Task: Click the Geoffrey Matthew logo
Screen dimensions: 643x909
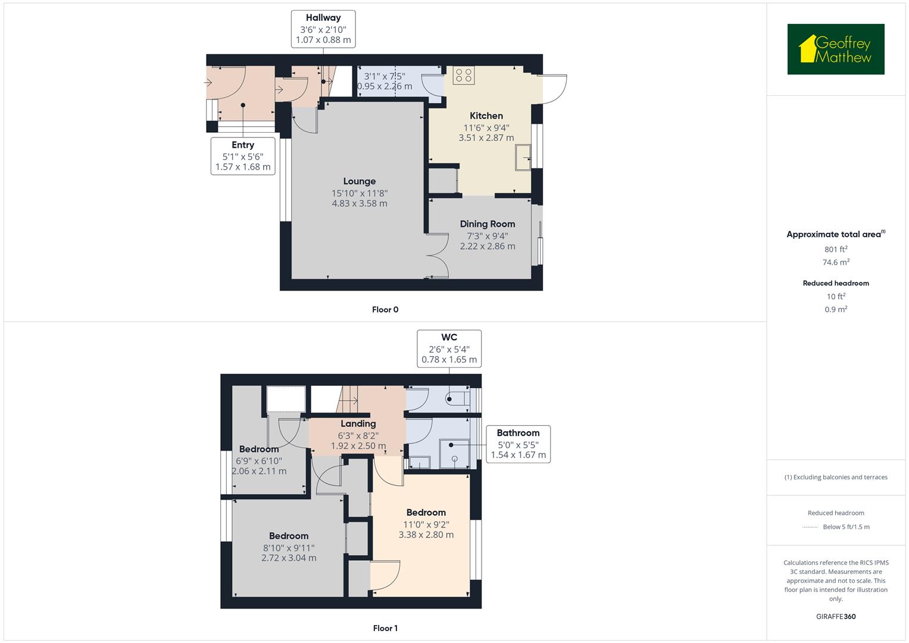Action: [x=835, y=49]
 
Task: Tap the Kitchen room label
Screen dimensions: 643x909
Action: [x=486, y=116]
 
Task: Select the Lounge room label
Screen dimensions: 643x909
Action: [x=359, y=182]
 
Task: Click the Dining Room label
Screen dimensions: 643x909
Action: [x=487, y=224]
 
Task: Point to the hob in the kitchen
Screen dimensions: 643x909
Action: [x=464, y=75]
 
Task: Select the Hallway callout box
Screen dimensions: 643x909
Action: [x=323, y=28]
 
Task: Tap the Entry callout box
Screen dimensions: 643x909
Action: [x=243, y=156]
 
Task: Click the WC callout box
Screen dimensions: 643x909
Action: [x=449, y=349]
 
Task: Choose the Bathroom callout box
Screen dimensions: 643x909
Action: [x=518, y=444]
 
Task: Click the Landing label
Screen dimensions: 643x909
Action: [x=358, y=424]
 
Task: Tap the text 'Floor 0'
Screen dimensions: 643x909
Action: [x=385, y=310]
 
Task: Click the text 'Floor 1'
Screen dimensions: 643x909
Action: [x=385, y=628]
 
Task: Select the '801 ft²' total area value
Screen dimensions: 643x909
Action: [x=836, y=249]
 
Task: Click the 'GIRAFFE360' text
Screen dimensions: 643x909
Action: [x=836, y=616]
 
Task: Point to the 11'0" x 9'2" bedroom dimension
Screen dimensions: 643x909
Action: [x=426, y=525]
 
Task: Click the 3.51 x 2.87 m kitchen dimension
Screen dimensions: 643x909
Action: [x=486, y=138]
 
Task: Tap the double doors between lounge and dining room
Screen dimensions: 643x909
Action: [x=438, y=255]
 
